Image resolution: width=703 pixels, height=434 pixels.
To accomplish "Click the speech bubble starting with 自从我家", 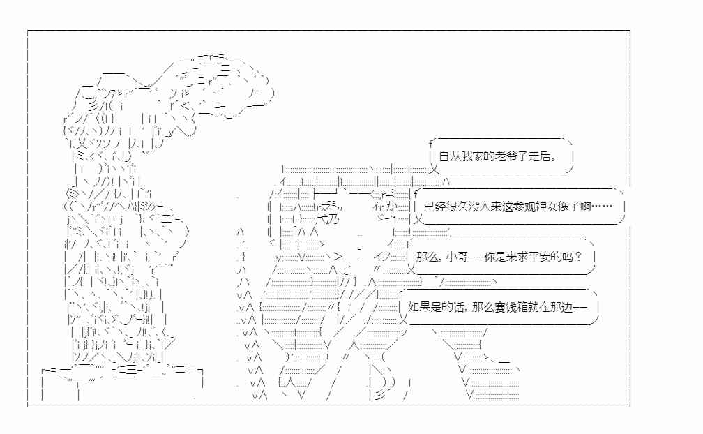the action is click(500, 156).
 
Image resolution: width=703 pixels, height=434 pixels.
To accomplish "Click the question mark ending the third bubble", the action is click(578, 257).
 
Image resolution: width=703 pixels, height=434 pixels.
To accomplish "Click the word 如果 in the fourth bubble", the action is click(418, 307).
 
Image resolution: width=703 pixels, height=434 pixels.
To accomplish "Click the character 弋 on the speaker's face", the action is click(323, 219).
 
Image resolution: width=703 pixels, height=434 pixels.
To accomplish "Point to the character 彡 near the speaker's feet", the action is click(379, 395).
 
